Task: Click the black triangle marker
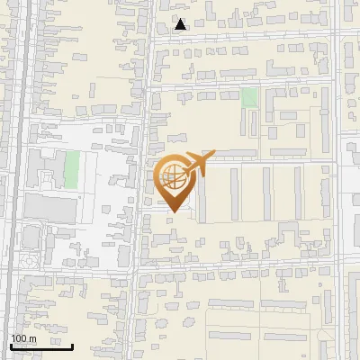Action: click(181, 24)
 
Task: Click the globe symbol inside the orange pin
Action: click(172, 177)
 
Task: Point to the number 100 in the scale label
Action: click(19, 338)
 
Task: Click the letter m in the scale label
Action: click(32, 338)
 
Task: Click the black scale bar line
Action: click(41, 346)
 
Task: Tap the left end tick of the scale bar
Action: click(11, 345)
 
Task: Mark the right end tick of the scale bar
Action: click(73, 345)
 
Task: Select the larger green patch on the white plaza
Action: click(71, 168)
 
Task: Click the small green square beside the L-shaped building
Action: click(248, 96)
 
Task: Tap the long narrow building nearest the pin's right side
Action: click(201, 193)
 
